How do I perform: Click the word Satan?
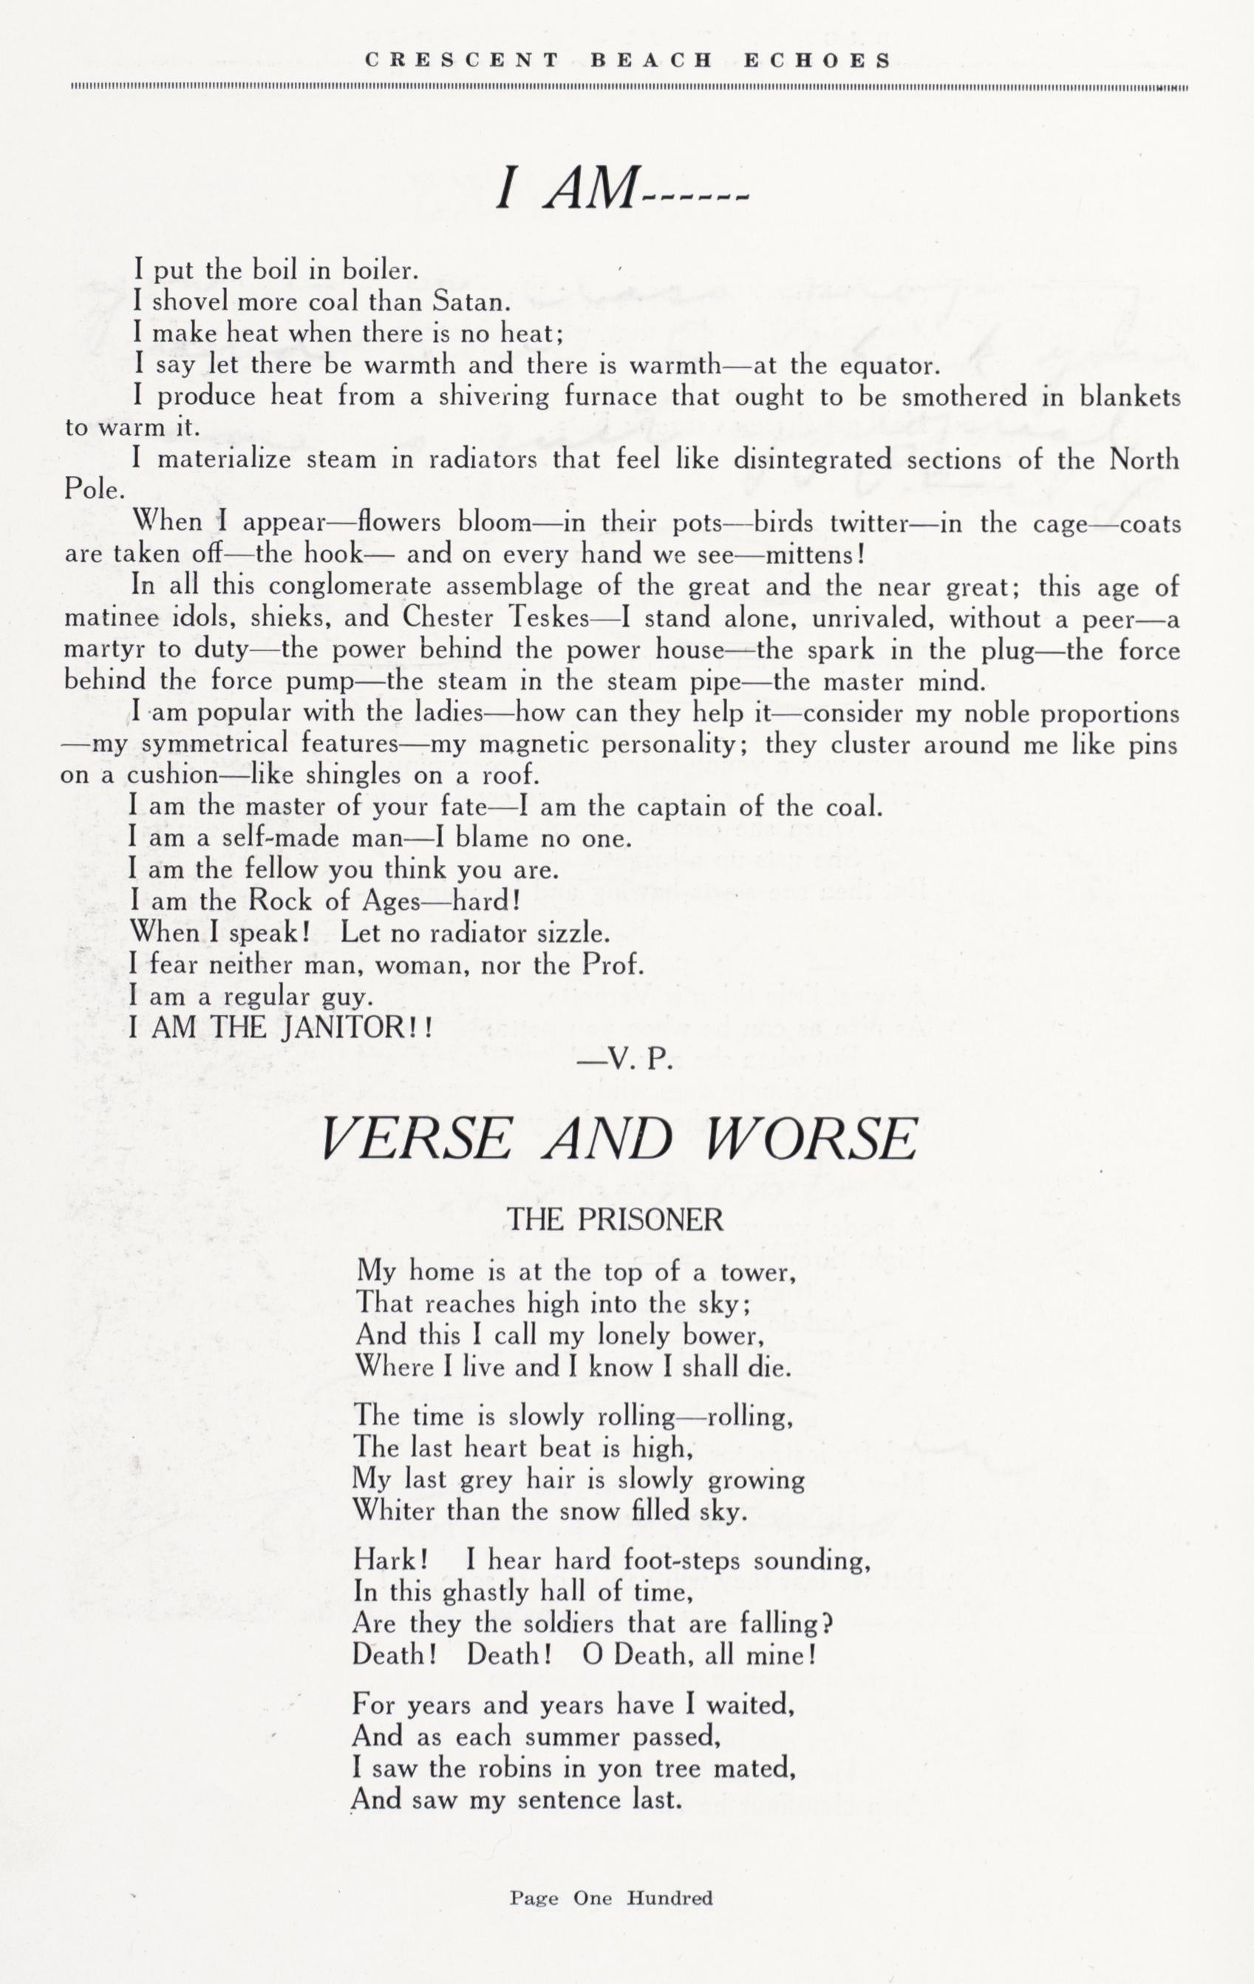click(466, 302)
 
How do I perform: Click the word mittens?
click(808, 555)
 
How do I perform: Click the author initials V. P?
click(626, 1062)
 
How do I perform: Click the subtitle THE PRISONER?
click(616, 1220)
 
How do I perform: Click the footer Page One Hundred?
click(610, 1899)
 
